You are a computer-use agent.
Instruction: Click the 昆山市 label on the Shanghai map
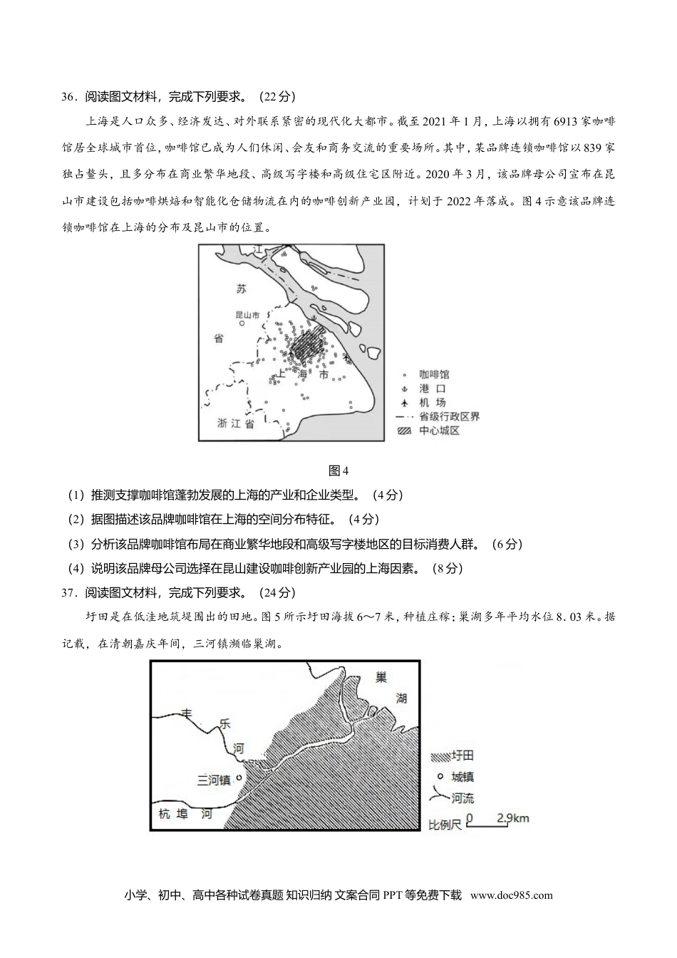click(248, 314)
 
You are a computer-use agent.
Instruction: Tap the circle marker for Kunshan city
click(242, 323)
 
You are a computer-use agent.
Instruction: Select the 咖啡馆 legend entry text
click(434, 374)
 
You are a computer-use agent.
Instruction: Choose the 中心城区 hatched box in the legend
click(404, 431)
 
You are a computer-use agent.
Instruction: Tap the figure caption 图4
click(338, 470)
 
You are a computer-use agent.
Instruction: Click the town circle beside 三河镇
click(239, 778)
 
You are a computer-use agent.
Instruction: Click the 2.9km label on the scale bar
click(514, 818)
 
